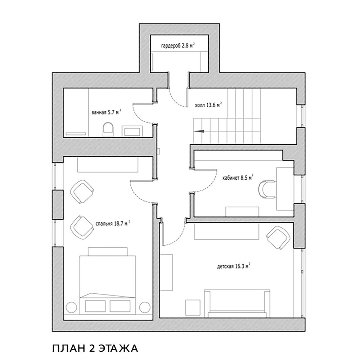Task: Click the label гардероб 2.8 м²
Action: coord(178,45)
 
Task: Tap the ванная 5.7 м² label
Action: coord(106,112)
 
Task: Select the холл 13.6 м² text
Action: coord(208,105)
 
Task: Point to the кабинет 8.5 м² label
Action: coord(238,178)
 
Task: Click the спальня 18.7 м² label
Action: coord(113,224)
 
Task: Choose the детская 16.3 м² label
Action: coord(234,266)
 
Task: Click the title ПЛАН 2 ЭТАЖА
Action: coord(95,348)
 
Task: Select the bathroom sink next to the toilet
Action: coord(133,131)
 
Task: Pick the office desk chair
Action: coord(267,189)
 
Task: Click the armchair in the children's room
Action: coord(278,237)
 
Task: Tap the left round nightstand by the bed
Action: coord(71,307)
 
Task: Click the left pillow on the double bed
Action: coord(95,306)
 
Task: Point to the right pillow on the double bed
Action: coord(120,306)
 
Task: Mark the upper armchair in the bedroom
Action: coord(82,192)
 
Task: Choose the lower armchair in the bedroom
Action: coord(82,228)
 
